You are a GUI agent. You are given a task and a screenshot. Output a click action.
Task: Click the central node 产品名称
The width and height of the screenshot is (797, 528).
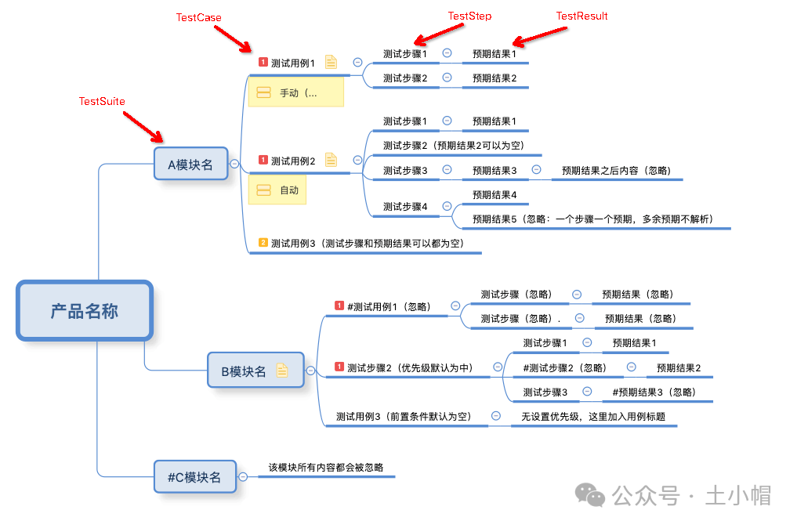click(85, 311)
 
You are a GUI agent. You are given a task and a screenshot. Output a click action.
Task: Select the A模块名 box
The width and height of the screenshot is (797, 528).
click(190, 165)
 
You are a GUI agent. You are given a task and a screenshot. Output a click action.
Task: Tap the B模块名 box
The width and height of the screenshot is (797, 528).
click(244, 371)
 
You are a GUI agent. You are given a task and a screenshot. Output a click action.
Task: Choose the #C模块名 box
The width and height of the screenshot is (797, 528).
click(194, 476)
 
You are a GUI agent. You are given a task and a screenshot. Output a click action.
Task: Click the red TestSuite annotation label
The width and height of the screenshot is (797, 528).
click(102, 101)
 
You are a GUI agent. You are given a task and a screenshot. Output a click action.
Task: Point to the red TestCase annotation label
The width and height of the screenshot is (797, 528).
click(198, 17)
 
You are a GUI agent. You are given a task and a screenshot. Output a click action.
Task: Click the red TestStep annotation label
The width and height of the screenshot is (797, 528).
click(469, 16)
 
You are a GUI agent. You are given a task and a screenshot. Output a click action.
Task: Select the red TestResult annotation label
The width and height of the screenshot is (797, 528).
click(581, 16)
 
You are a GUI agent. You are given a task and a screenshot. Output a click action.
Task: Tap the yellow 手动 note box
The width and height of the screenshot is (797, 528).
click(295, 93)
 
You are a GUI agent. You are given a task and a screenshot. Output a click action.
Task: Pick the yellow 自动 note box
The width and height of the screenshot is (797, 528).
click(277, 190)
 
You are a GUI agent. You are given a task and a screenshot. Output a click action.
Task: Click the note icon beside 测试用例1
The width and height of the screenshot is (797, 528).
click(331, 63)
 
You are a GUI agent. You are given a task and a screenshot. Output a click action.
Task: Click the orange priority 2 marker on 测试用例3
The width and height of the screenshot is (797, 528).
click(263, 243)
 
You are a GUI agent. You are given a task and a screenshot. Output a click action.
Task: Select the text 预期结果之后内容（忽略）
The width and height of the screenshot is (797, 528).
click(616, 170)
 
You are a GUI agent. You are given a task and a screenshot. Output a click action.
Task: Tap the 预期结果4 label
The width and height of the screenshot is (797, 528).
click(495, 194)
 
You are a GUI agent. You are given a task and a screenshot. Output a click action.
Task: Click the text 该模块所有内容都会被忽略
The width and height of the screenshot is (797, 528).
click(326, 468)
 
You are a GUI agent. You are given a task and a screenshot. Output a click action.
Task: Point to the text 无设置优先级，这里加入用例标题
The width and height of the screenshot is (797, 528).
click(593, 417)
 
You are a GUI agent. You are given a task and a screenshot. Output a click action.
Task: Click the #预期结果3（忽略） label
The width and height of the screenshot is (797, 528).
click(654, 392)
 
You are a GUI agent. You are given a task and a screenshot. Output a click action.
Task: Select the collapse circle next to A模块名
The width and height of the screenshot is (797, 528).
click(234, 165)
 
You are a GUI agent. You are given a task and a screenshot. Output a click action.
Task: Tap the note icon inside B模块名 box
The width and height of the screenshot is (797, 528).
click(282, 371)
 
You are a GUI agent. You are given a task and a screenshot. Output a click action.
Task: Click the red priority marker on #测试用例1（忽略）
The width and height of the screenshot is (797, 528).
click(339, 306)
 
